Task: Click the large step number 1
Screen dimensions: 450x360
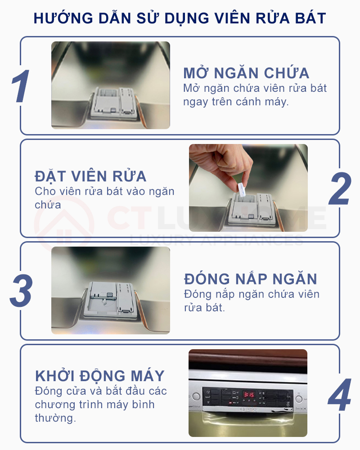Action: tap(20, 86)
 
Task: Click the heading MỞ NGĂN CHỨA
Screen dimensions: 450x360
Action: tap(246, 73)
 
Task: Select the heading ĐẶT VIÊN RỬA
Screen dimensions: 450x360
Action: tap(90, 176)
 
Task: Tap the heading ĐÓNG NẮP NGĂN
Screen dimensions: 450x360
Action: tap(251, 279)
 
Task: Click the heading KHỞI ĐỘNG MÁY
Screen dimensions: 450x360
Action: tap(100, 376)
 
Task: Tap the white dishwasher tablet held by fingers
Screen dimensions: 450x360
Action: tap(241, 189)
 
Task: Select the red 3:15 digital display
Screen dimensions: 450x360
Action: tap(248, 395)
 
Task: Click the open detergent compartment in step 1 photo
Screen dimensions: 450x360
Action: tap(113, 101)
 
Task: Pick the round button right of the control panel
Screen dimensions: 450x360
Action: tap(299, 398)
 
